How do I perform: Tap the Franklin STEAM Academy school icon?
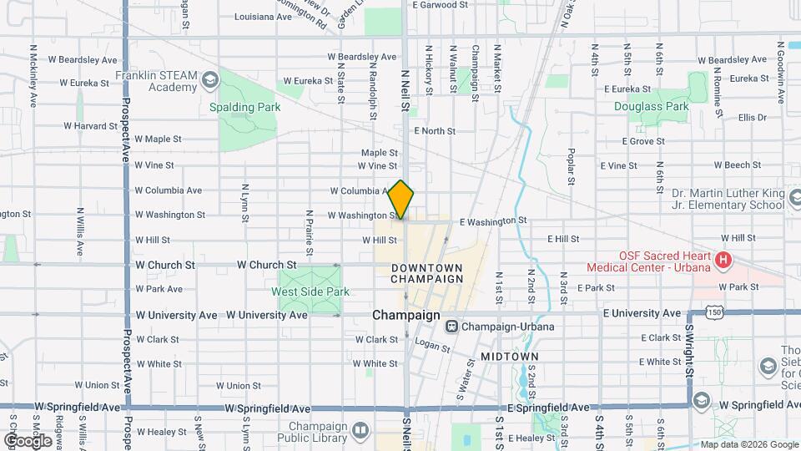pos(209,79)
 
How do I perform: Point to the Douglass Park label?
pos(651,106)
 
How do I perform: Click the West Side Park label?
pos(300,291)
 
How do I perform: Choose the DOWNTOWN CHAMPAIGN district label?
pos(426,272)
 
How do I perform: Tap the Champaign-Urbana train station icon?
pos(451,327)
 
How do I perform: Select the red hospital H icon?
pos(723,261)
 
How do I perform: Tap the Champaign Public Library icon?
pos(360,430)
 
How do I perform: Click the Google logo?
pos(28,440)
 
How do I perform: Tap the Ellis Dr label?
pos(752,118)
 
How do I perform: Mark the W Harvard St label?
pos(91,126)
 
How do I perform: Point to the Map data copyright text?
pos(748,444)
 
